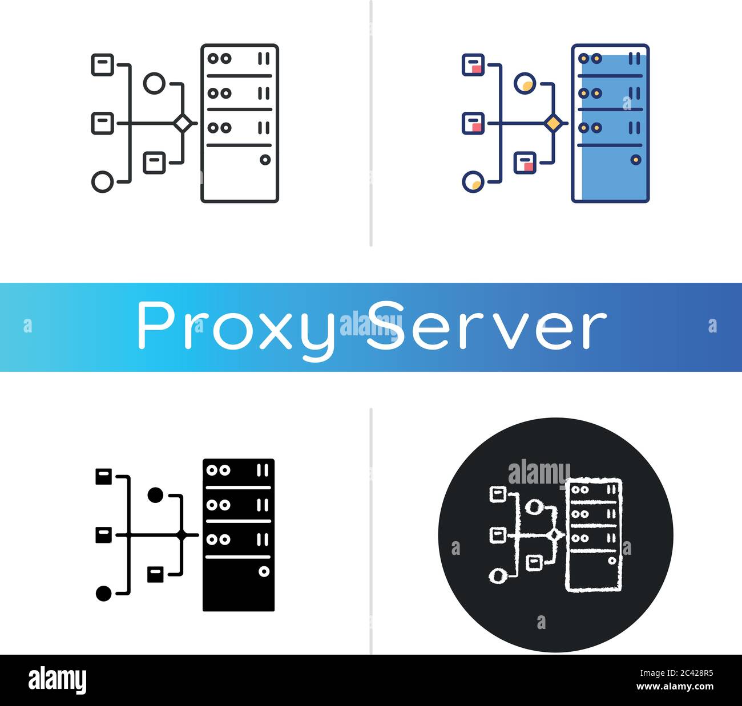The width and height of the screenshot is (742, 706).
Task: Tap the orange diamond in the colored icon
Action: click(x=553, y=123)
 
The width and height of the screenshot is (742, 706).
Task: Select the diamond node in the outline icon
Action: click(x=183, y=123)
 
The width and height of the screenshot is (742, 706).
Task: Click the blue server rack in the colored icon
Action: click(x=610, y=123)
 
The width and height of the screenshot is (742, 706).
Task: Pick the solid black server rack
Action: click(x=239, y=534)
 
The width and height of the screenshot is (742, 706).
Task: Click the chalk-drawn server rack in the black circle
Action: click(x=594, y=534)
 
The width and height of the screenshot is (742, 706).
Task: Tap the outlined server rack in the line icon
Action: click(x=240, y=123)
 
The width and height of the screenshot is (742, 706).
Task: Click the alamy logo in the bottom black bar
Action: click(x=57, y=680)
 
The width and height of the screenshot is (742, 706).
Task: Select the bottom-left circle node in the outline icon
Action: click(x=103, y=182)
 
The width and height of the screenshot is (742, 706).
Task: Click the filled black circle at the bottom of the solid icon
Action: click(x=103, y=594)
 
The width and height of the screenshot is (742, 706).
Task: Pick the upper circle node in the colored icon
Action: click(x=524, y=83)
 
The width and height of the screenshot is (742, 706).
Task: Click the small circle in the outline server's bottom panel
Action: click(x=265, y=160)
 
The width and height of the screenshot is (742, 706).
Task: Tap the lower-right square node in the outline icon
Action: click(x=154, y=163)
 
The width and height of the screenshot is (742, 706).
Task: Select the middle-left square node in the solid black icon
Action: click(x=103, y=535)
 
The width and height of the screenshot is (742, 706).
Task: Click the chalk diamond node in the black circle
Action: click(x=554, y=535)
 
